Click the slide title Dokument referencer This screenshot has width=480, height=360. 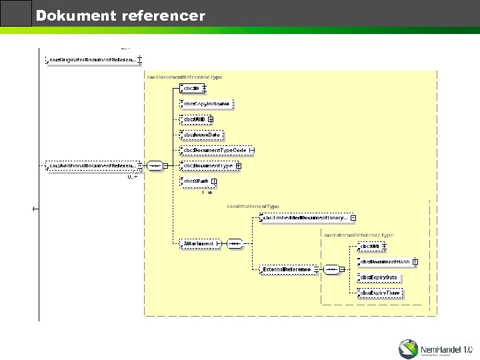click(120, 15)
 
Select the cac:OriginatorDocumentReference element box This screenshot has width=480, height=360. click(92, 60)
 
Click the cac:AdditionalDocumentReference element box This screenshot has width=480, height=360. click(92, 165)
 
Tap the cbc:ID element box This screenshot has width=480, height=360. click(191, 88)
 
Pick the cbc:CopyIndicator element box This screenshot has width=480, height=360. click(207, 104)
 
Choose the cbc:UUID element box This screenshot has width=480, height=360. click(194, 119)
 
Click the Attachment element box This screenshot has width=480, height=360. click(199, 244)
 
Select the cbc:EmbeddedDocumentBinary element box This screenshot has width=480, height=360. click(305, 217)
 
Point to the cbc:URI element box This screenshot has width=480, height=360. click(369, 247)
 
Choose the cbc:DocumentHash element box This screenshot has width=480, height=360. click(384, 262)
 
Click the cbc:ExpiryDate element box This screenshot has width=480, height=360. click(379, 277)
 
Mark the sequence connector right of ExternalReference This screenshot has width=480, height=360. click(331, 269)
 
